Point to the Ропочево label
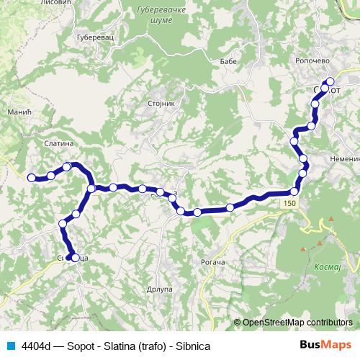point(312,62)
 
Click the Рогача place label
point(212,262)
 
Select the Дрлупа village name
point(160,289)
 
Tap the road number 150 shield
point(289,204)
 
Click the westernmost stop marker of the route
point(31,177)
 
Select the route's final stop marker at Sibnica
point(75,257)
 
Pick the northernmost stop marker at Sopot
point(330,81)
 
